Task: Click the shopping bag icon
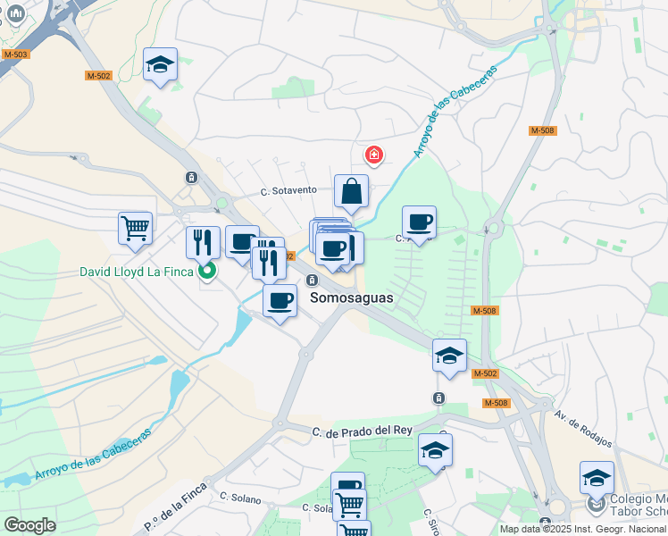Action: click(352, 191)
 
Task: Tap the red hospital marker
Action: click(373, 155)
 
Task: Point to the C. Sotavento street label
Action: click(288, 190)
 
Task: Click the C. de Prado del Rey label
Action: click(362, 431)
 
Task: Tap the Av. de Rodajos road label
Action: click(583, 430)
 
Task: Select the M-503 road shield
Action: click(15, 54)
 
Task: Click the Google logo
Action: click(29, 525)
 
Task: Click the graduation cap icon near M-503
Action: click(161, 64)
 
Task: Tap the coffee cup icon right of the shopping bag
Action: click(419, 222)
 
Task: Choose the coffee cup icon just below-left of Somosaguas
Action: click(280, 300)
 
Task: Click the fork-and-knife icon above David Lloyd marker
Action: click(203, 241)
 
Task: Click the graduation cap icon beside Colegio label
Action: click(597, 478)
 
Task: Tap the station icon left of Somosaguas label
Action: click(312, 280)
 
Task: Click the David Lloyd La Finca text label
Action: click(135, 272)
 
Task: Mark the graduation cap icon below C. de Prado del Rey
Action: click(435, 450)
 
